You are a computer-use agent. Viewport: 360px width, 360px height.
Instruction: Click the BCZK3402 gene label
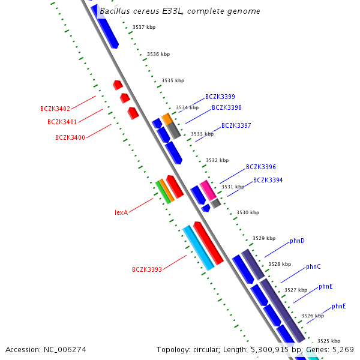point(55,109)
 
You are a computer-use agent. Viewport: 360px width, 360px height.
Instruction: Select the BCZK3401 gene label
point(62,122)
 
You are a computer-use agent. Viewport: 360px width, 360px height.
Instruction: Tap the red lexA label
point(121,212)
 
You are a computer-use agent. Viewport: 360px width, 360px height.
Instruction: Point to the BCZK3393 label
point(147,269)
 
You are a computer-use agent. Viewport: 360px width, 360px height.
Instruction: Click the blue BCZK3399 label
point(220,97)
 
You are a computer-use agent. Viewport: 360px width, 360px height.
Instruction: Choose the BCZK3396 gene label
point(261,167)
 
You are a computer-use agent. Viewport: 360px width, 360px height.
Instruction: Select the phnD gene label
point(297,241)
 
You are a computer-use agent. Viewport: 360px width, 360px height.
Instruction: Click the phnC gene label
point(313,267)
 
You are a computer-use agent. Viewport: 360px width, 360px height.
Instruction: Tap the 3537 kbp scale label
point(144,27)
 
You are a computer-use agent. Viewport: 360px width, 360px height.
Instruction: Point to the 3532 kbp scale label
point(217,160)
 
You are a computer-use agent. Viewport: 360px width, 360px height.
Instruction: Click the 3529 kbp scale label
point(264,238)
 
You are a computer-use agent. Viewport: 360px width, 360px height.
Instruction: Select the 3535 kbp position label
point(173,80)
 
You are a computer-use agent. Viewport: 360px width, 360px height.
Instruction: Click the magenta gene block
point(208,190)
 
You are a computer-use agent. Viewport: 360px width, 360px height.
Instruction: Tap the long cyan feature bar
point(199,248)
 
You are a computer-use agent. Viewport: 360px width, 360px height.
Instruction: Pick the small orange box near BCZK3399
point(167,119)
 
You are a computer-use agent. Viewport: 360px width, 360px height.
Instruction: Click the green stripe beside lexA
point(163,193)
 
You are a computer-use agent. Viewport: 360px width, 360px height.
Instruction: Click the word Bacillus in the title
point(115,11)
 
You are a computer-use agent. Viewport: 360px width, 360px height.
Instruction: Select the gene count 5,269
point(343,350)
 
